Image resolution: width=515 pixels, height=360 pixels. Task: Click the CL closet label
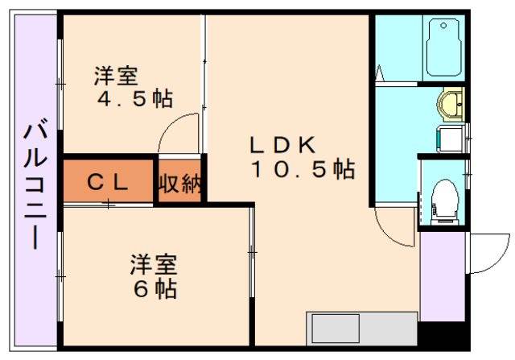pyautogui.click(x=106, y=182)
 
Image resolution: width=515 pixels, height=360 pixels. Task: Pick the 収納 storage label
pyautogui.click(x=179, y=184)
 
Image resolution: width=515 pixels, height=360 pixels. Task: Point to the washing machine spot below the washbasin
pyautogui.click(x=447, y=139)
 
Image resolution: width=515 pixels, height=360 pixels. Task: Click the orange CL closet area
pyautogui.click(x=107, y=182)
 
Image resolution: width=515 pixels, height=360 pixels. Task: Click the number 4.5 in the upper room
pyautogui.click(x=121, y=100)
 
